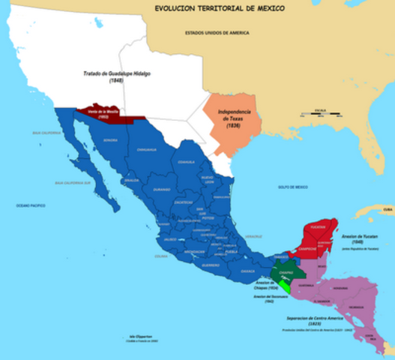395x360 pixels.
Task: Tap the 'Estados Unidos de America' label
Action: point(217,34)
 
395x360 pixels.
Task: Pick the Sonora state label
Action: point(110,140)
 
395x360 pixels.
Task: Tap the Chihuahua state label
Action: point(147,149)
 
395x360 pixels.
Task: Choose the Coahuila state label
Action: point(187,161)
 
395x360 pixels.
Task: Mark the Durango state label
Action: point(162,189)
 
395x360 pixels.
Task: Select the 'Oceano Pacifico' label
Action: point(31,204)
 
